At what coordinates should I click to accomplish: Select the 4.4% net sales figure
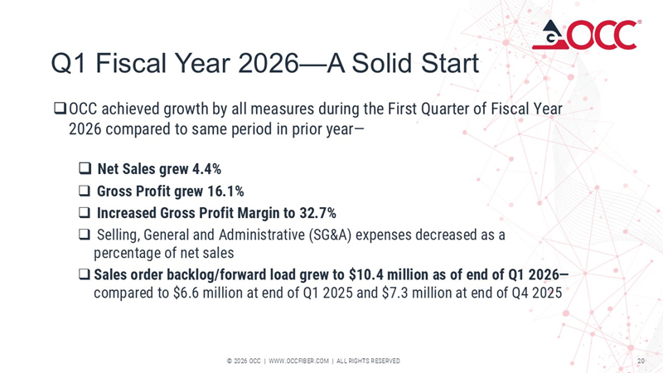click(x=206, y=170)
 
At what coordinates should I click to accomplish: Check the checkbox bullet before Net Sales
click(x=85, y=170)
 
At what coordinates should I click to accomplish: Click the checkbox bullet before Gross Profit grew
click(x=85, y=191)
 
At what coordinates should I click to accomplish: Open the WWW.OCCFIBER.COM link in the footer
click(x=298, y=361)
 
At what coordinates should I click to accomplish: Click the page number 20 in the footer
click(x=641, y=361)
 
